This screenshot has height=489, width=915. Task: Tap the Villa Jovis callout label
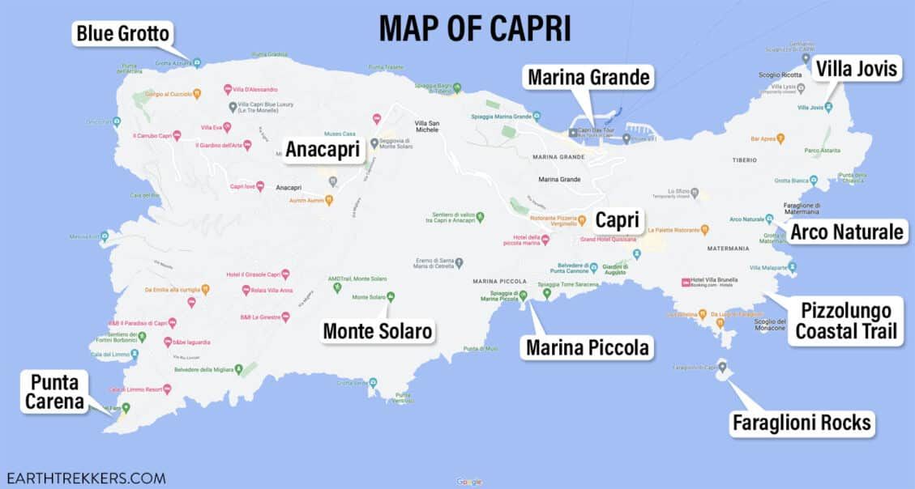pyautogui.click(x=856, y=69)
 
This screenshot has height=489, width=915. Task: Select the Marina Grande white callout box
pyautogui.click(x=588, y=78)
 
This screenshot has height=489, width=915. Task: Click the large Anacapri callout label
pyautogui.click(x=323, y=149)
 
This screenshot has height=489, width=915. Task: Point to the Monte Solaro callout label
pyautogui.click(x=378, y=330)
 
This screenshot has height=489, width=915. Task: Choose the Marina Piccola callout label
pyautogui.click(x=587, y=348)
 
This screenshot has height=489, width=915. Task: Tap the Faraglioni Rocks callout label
pyautogui.click(x=801, y=422)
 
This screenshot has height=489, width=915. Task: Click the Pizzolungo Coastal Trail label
pyautogui.click(x=845, y=321)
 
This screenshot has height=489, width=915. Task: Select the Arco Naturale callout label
pyautogui.click(x=846, y=233)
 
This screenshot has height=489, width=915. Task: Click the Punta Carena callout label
pyautogui.click(x=55, y=392)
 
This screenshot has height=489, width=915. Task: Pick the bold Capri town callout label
pyautogui.click(x=618, y=220)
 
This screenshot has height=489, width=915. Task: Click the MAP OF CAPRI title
pyautogui.click(x=475, y=28)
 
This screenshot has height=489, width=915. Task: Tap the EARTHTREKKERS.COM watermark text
pyautogui.click(x=85, y=478)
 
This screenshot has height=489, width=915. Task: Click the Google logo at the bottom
pyautogui.click(x=468, y=482)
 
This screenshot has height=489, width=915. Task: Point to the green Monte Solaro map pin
pyautogui.click(x=391, y=297)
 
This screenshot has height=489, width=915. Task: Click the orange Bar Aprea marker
pyautogui.click(x=780, y=139)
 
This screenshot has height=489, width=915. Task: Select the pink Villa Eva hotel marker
pyautogui.click(x=227, y=127)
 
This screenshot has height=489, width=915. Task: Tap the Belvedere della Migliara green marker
pyautogui.click(x=239, y=370)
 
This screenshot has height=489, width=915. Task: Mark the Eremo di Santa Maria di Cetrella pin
pyautogui.click(x=460, y=263)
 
